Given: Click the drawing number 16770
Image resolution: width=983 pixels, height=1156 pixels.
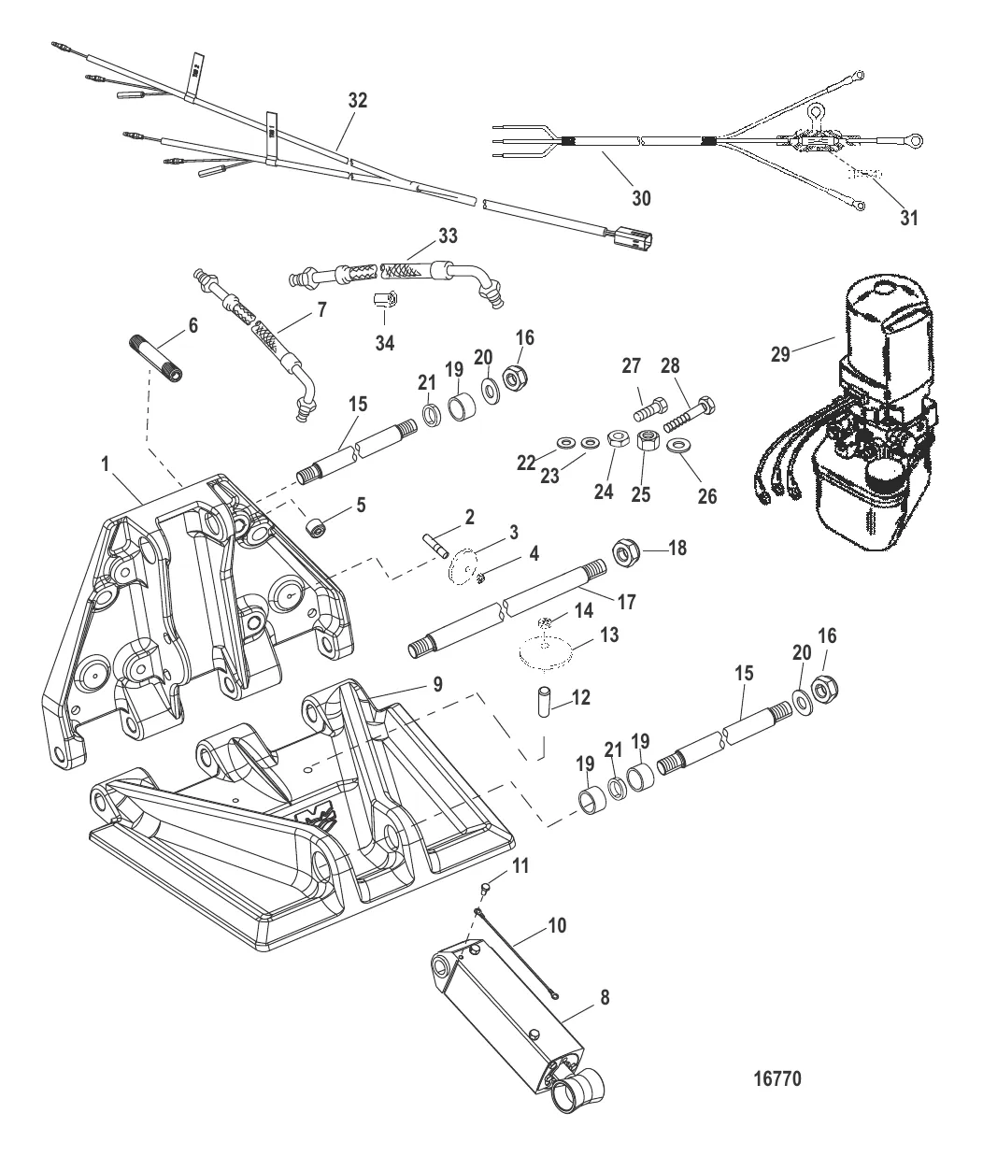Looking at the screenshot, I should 776,1078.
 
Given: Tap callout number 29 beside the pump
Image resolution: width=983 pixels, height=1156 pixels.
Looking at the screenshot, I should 780,353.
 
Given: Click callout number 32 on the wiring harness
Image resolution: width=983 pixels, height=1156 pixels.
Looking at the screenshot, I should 358,102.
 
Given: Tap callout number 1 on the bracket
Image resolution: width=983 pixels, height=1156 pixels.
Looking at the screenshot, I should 105,462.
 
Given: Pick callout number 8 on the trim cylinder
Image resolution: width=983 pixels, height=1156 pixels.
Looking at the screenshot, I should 605,997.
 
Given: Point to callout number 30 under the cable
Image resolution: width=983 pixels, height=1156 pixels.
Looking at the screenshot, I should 641,197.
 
